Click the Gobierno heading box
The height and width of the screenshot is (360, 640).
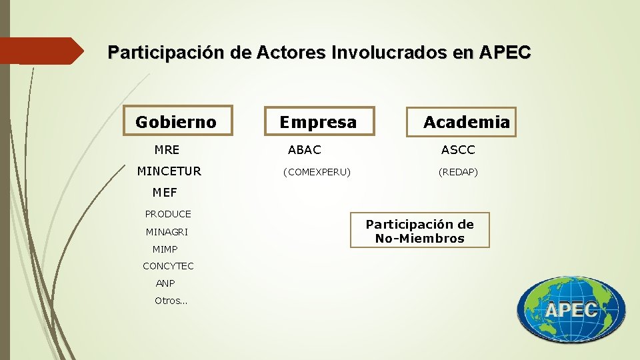176,122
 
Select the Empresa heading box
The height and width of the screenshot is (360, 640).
319,122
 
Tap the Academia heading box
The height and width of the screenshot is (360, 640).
466,122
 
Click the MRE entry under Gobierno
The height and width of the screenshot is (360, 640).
167,150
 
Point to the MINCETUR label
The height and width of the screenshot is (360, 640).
169,171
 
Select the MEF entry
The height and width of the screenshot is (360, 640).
165,193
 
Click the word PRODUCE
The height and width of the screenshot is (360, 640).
168,214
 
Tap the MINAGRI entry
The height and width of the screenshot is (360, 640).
167,232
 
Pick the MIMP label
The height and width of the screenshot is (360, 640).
165,249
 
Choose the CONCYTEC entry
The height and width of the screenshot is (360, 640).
168,266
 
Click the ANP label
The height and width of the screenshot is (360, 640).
165,283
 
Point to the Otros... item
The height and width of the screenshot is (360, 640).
171,301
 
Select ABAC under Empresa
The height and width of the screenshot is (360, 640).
304,150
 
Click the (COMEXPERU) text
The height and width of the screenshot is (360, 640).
317,172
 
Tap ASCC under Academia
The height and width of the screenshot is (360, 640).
458,150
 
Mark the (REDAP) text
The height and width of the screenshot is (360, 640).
458,172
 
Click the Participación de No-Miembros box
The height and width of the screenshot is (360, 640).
420,231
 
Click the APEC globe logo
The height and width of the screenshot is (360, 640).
571,309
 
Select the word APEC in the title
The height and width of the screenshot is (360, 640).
504,51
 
